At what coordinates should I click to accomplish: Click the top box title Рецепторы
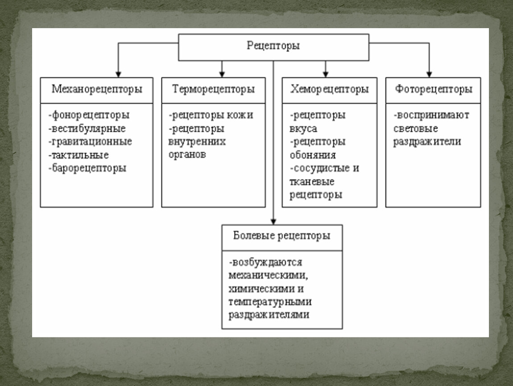(273, 46)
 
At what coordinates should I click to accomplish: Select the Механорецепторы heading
(97, 89)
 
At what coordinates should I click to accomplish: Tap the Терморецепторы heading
(213, 89)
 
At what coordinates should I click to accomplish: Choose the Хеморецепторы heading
(330, 89)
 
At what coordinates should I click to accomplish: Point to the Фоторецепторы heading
(433, 89)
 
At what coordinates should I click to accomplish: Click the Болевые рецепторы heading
(282, 236)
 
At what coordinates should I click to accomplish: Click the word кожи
(240, 115)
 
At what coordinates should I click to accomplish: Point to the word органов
(187, 155)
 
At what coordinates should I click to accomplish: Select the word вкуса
(303, 129)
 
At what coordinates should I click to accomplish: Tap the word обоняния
(313, 155)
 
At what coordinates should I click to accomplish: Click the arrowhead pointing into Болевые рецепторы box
(273, 221)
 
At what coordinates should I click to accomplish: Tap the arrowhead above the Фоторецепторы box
(429, 74)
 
